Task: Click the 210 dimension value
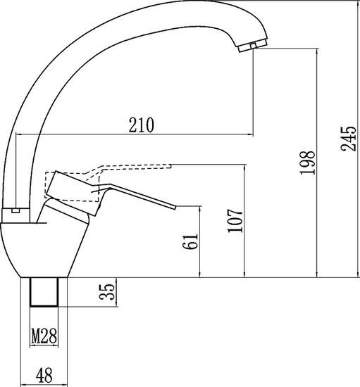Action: pyautogui.click(x=141, y=125)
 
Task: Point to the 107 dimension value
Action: pyautogui.click(x=235, y=221)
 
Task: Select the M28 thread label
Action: pyautogui.click(x=44, y=338)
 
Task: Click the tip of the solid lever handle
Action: pyautogui.click(x=172, y=206)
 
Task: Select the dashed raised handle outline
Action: pyautogui.click(x=134, y=168)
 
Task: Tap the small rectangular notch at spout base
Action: pyautogui.click(x=15, y=210)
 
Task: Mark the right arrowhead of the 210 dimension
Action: pyautogui.click(x=249, y=134)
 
